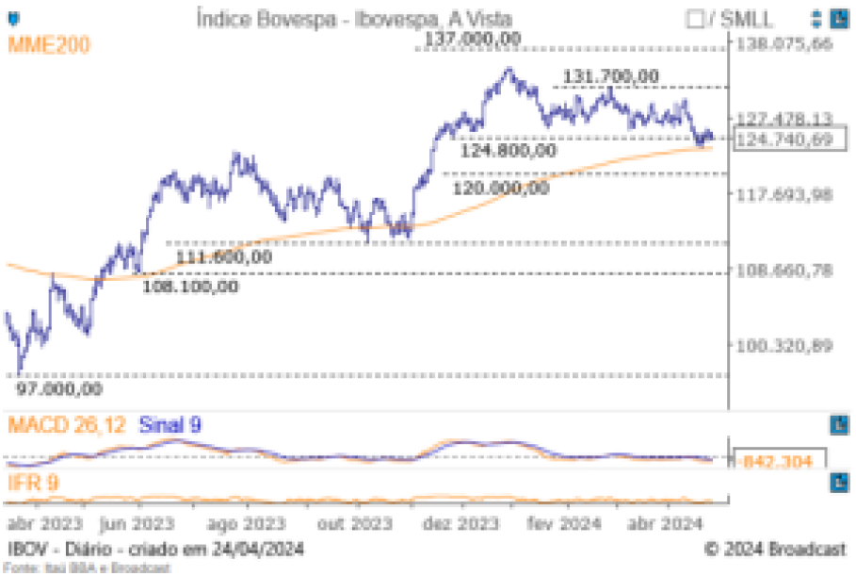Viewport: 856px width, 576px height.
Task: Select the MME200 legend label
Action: click(49, 44)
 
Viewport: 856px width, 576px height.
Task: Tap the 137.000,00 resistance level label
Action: click(472, 39)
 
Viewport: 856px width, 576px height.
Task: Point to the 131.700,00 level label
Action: click(611, 76)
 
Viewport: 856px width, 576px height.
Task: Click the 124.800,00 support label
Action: click(507, 151)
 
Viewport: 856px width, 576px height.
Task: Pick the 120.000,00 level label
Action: click(500, 188)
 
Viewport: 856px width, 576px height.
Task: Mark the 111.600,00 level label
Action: click(223, 256)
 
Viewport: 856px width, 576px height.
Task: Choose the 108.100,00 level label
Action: click(190, 287)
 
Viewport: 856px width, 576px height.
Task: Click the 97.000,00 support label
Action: click(59, 387)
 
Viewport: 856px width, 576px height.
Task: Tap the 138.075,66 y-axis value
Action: click(785, 44)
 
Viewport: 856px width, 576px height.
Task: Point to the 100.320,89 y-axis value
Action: click(785, 346)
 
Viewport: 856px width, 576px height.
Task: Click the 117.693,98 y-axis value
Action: click(785, 195)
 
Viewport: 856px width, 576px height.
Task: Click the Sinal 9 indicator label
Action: click(170, 425)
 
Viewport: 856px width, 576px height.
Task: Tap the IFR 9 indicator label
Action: click(35, 484)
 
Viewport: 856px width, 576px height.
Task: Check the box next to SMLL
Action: click(696, 18)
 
